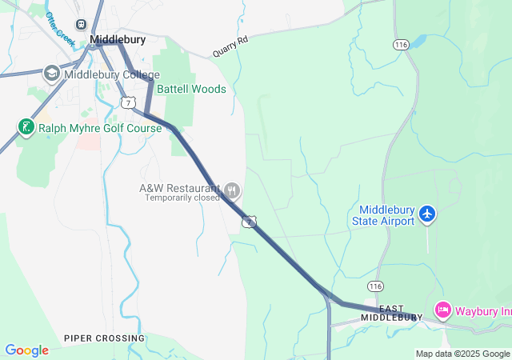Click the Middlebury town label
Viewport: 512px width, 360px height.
coord(118,38)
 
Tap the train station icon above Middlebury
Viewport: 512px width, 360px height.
coord(81,25)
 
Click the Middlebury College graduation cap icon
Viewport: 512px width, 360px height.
coord(52,74)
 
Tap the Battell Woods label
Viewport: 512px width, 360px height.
coord(191,89)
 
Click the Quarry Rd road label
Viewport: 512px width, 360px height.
coord(230,46)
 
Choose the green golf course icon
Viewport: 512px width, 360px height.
coord(26,127)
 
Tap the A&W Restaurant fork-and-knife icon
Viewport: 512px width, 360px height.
coord(233,190)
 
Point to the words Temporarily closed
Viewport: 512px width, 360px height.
coord(182,198)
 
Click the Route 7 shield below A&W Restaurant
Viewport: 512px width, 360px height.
coord(250,221)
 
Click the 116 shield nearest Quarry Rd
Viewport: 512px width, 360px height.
coord(402,45)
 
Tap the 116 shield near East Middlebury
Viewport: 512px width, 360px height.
coord(375,286)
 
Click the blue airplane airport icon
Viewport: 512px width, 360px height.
coord(427,214)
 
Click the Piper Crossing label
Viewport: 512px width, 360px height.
coord(104,338)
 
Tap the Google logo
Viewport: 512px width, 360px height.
coord(26,350)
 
